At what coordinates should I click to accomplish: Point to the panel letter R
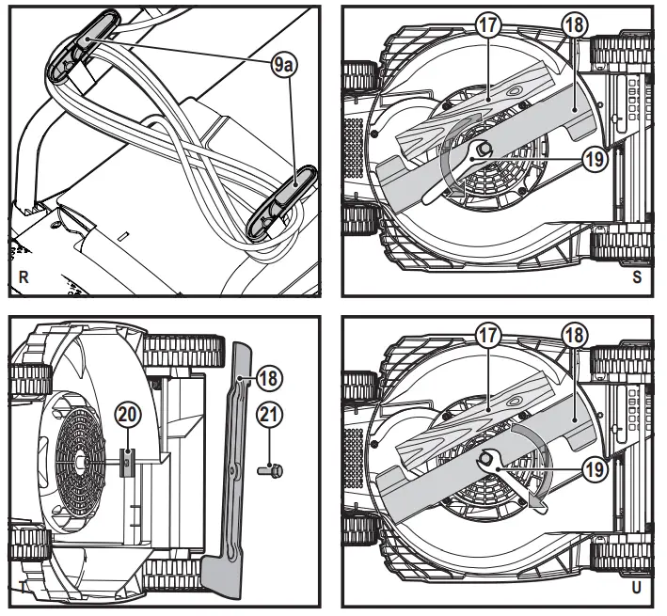coord(23,276)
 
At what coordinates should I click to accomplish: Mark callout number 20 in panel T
coord(128,414)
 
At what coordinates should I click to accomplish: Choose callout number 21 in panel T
coord(269,414)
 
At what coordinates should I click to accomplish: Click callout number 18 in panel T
coord(269,378)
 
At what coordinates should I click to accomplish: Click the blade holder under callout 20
coord(128,460)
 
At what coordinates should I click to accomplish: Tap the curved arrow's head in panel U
coord(536,504)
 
